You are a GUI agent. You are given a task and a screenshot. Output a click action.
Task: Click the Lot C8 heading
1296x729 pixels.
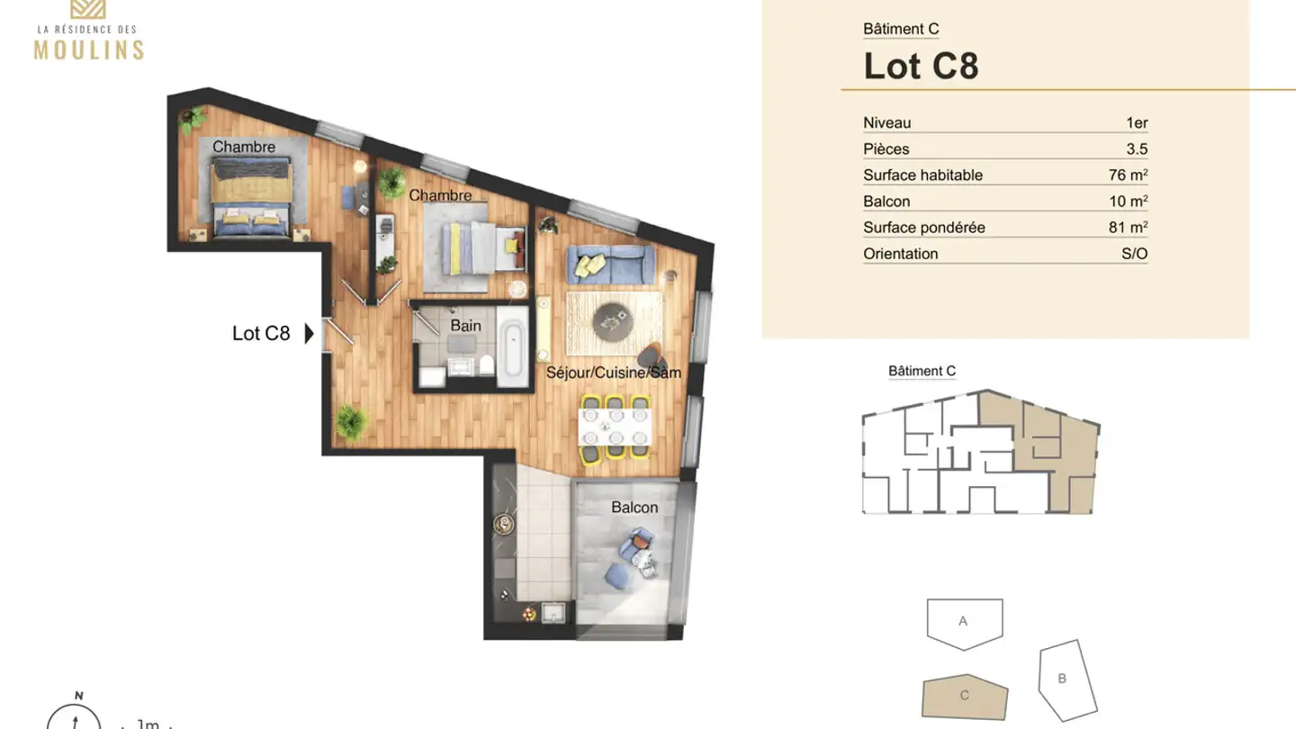point(921,66)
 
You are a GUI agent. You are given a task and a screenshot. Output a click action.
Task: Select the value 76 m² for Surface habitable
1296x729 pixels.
point(1128,175)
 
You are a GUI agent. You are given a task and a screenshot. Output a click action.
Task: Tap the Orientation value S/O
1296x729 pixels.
point(1134,254)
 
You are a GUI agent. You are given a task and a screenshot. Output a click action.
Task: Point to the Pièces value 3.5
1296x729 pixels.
point(1137,149)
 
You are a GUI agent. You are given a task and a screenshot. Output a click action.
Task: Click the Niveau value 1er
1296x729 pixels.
point(1136,123)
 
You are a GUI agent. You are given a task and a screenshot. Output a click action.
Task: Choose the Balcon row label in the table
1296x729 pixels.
point(886,202)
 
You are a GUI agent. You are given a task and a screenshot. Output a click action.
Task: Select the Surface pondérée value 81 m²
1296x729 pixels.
point(1128,228)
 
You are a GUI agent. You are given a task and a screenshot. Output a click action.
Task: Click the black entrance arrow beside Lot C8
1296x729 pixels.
point(309,334)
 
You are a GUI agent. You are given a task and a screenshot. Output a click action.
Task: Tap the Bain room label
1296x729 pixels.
point(465,326)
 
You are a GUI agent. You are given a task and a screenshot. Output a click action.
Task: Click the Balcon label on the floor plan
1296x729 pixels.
point(634,508)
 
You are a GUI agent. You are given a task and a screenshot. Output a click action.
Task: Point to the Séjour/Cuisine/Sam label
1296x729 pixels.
point(613,373)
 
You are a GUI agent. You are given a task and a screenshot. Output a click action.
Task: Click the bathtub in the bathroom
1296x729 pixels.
point(514,352)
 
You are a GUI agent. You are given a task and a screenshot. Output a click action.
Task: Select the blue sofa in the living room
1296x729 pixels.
point(609,265)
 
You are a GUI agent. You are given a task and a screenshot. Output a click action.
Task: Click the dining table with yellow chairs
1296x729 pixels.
point(616,427)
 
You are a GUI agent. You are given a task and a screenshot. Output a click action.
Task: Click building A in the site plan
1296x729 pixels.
point(964,622)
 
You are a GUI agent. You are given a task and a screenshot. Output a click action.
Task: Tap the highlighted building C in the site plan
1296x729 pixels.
point(964,697)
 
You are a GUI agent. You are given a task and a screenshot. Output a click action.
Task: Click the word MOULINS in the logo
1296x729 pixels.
point(89,49)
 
